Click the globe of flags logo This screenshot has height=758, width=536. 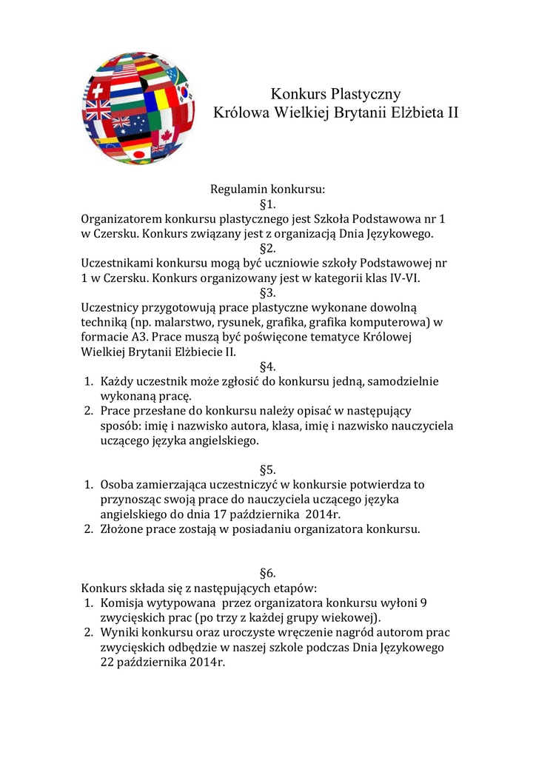138,107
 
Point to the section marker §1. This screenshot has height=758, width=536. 268,204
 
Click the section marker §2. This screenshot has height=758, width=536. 268,248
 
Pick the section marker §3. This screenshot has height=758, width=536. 268,292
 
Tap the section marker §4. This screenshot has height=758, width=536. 268,366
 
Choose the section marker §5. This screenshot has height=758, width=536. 268,470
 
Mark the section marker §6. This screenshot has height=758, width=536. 268,574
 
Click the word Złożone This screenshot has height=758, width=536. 124,529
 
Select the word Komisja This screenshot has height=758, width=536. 124,603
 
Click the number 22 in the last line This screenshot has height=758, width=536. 108,663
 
